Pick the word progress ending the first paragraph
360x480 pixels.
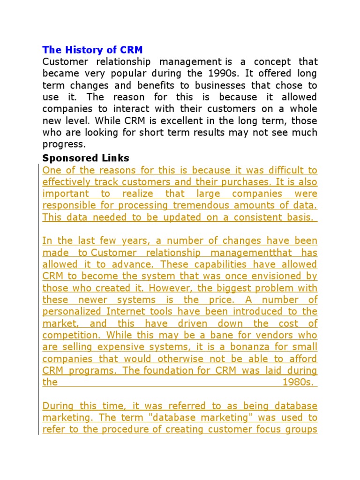click(x=63, y=144)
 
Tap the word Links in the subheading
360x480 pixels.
click(x=115, y=158)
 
